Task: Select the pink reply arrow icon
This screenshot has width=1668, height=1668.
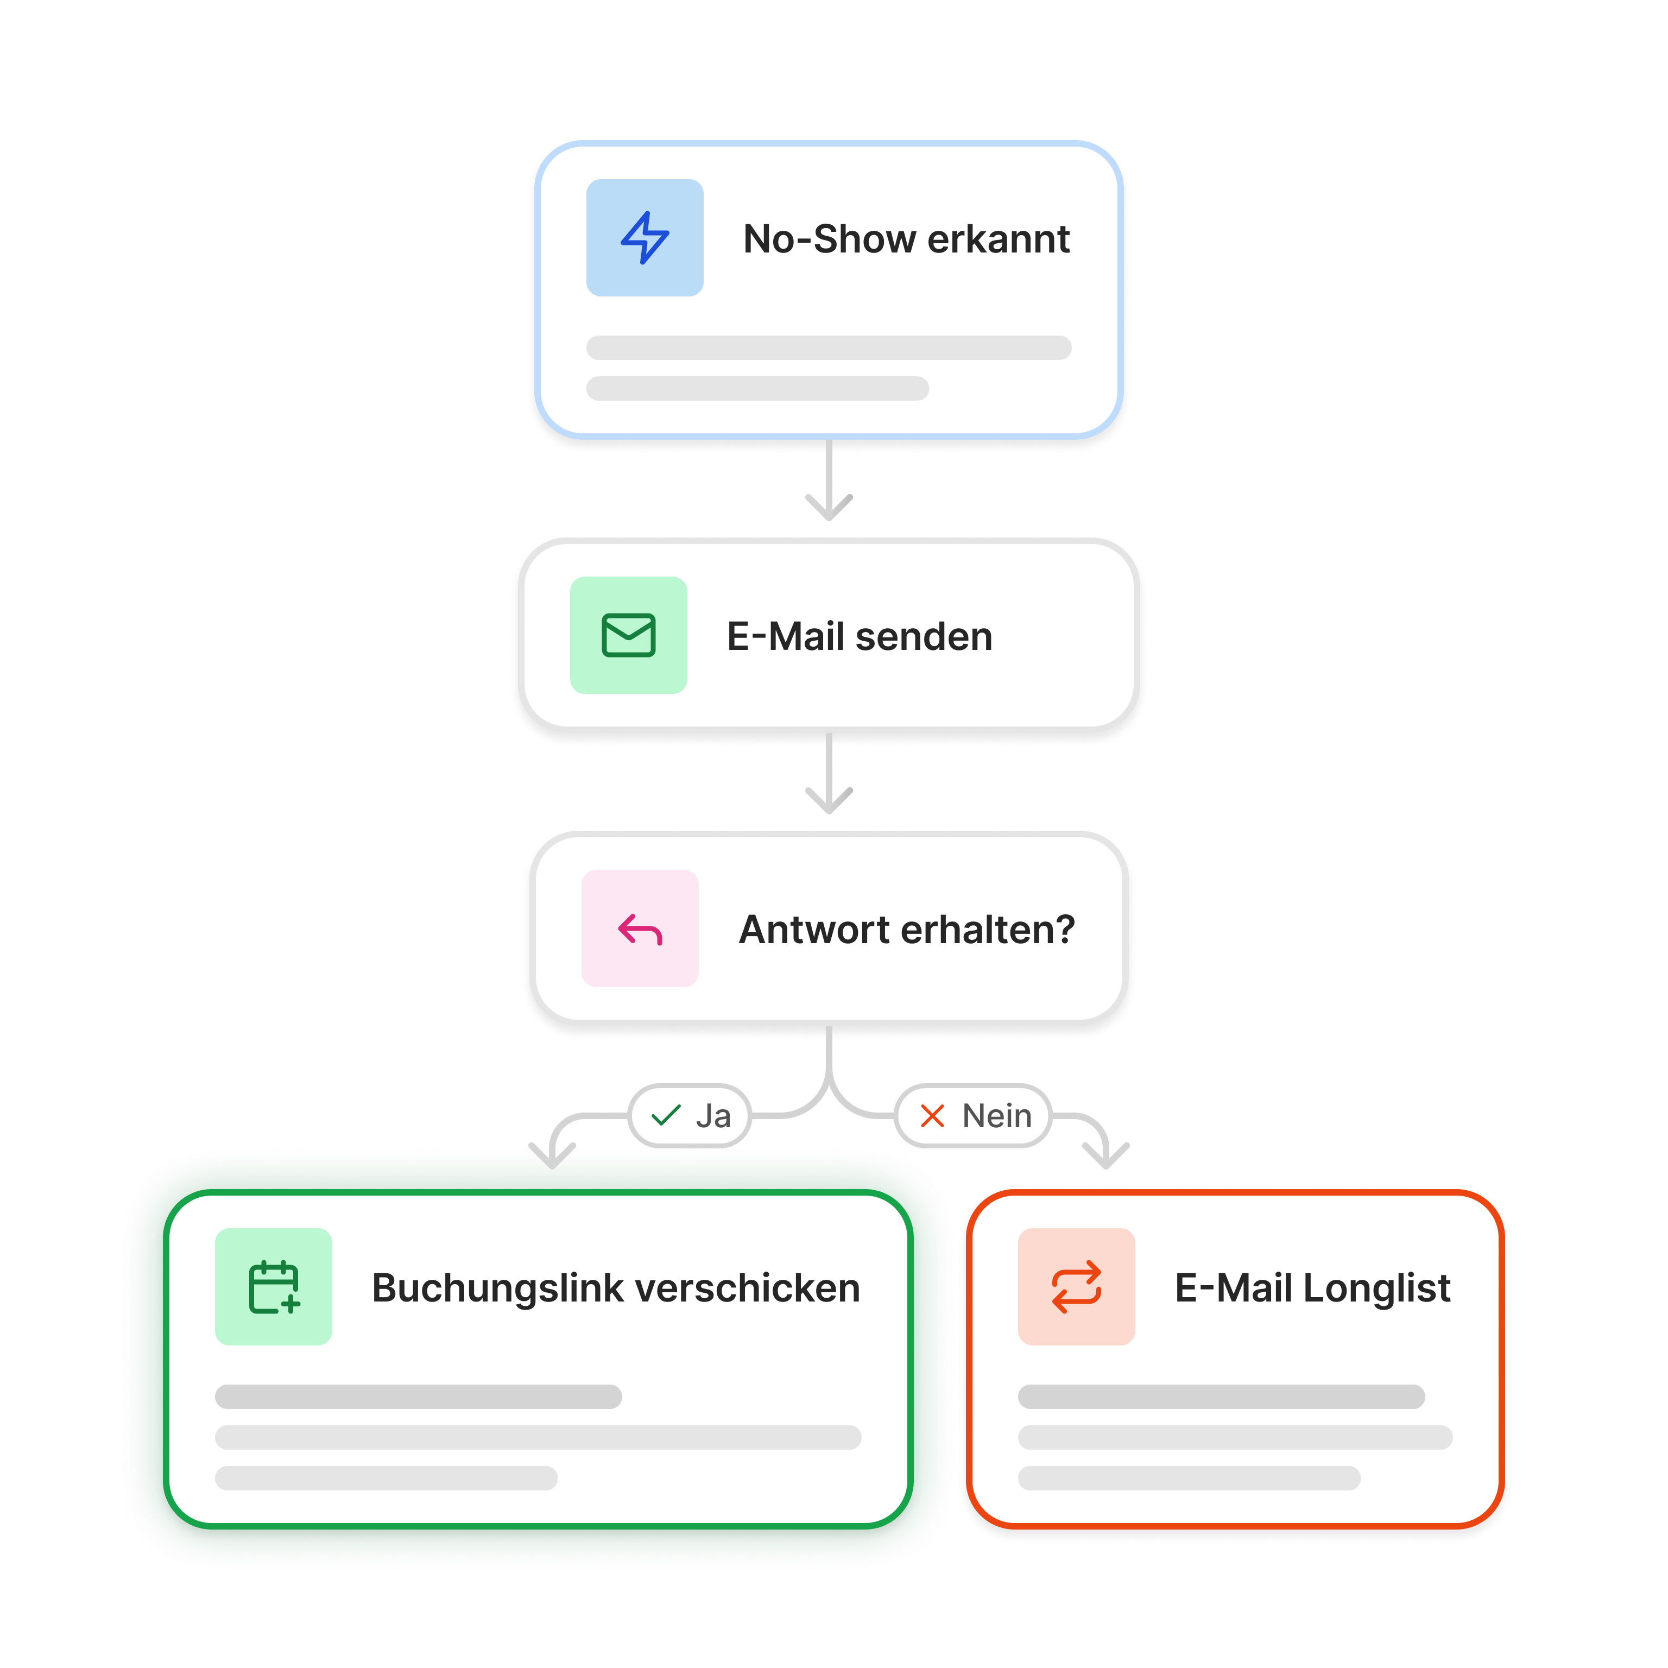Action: click(640, 929)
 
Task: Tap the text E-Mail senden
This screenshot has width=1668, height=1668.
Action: click(859, 636)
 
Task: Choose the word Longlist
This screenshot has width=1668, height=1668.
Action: click(1376, 1287)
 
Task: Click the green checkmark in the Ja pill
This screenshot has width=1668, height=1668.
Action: click(666, 1115)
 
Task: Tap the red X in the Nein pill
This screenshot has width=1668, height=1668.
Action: click(932, 1115)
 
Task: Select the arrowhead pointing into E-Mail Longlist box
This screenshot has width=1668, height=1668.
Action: click(1106, 1155)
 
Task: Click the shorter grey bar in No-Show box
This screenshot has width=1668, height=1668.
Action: click(757, 389)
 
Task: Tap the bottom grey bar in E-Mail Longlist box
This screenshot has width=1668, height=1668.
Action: click(1189, 1478)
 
